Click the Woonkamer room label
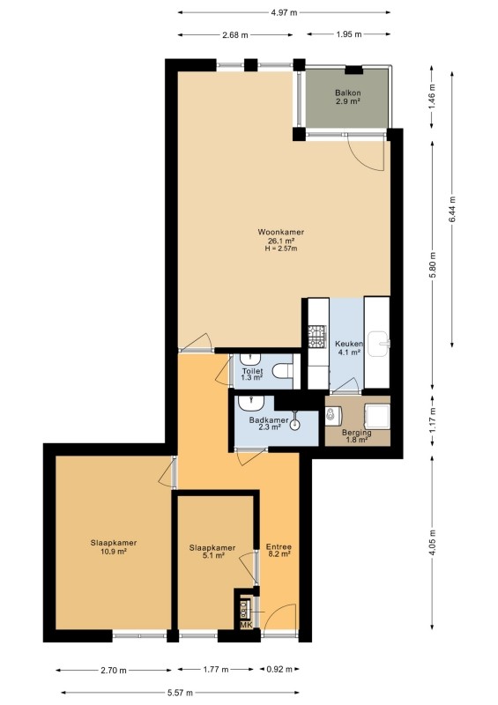280,233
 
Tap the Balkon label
348,93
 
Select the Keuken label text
349,344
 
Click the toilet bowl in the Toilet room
283,371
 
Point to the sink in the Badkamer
250,404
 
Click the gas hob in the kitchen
316,337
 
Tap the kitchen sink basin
378,345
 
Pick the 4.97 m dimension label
284,12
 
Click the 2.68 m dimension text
234,35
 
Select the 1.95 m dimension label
349,34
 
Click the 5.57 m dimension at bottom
180,693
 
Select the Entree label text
279,547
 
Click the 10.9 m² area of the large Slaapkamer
114,551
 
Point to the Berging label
357,433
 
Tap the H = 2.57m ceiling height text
281,249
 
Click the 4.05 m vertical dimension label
432,543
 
